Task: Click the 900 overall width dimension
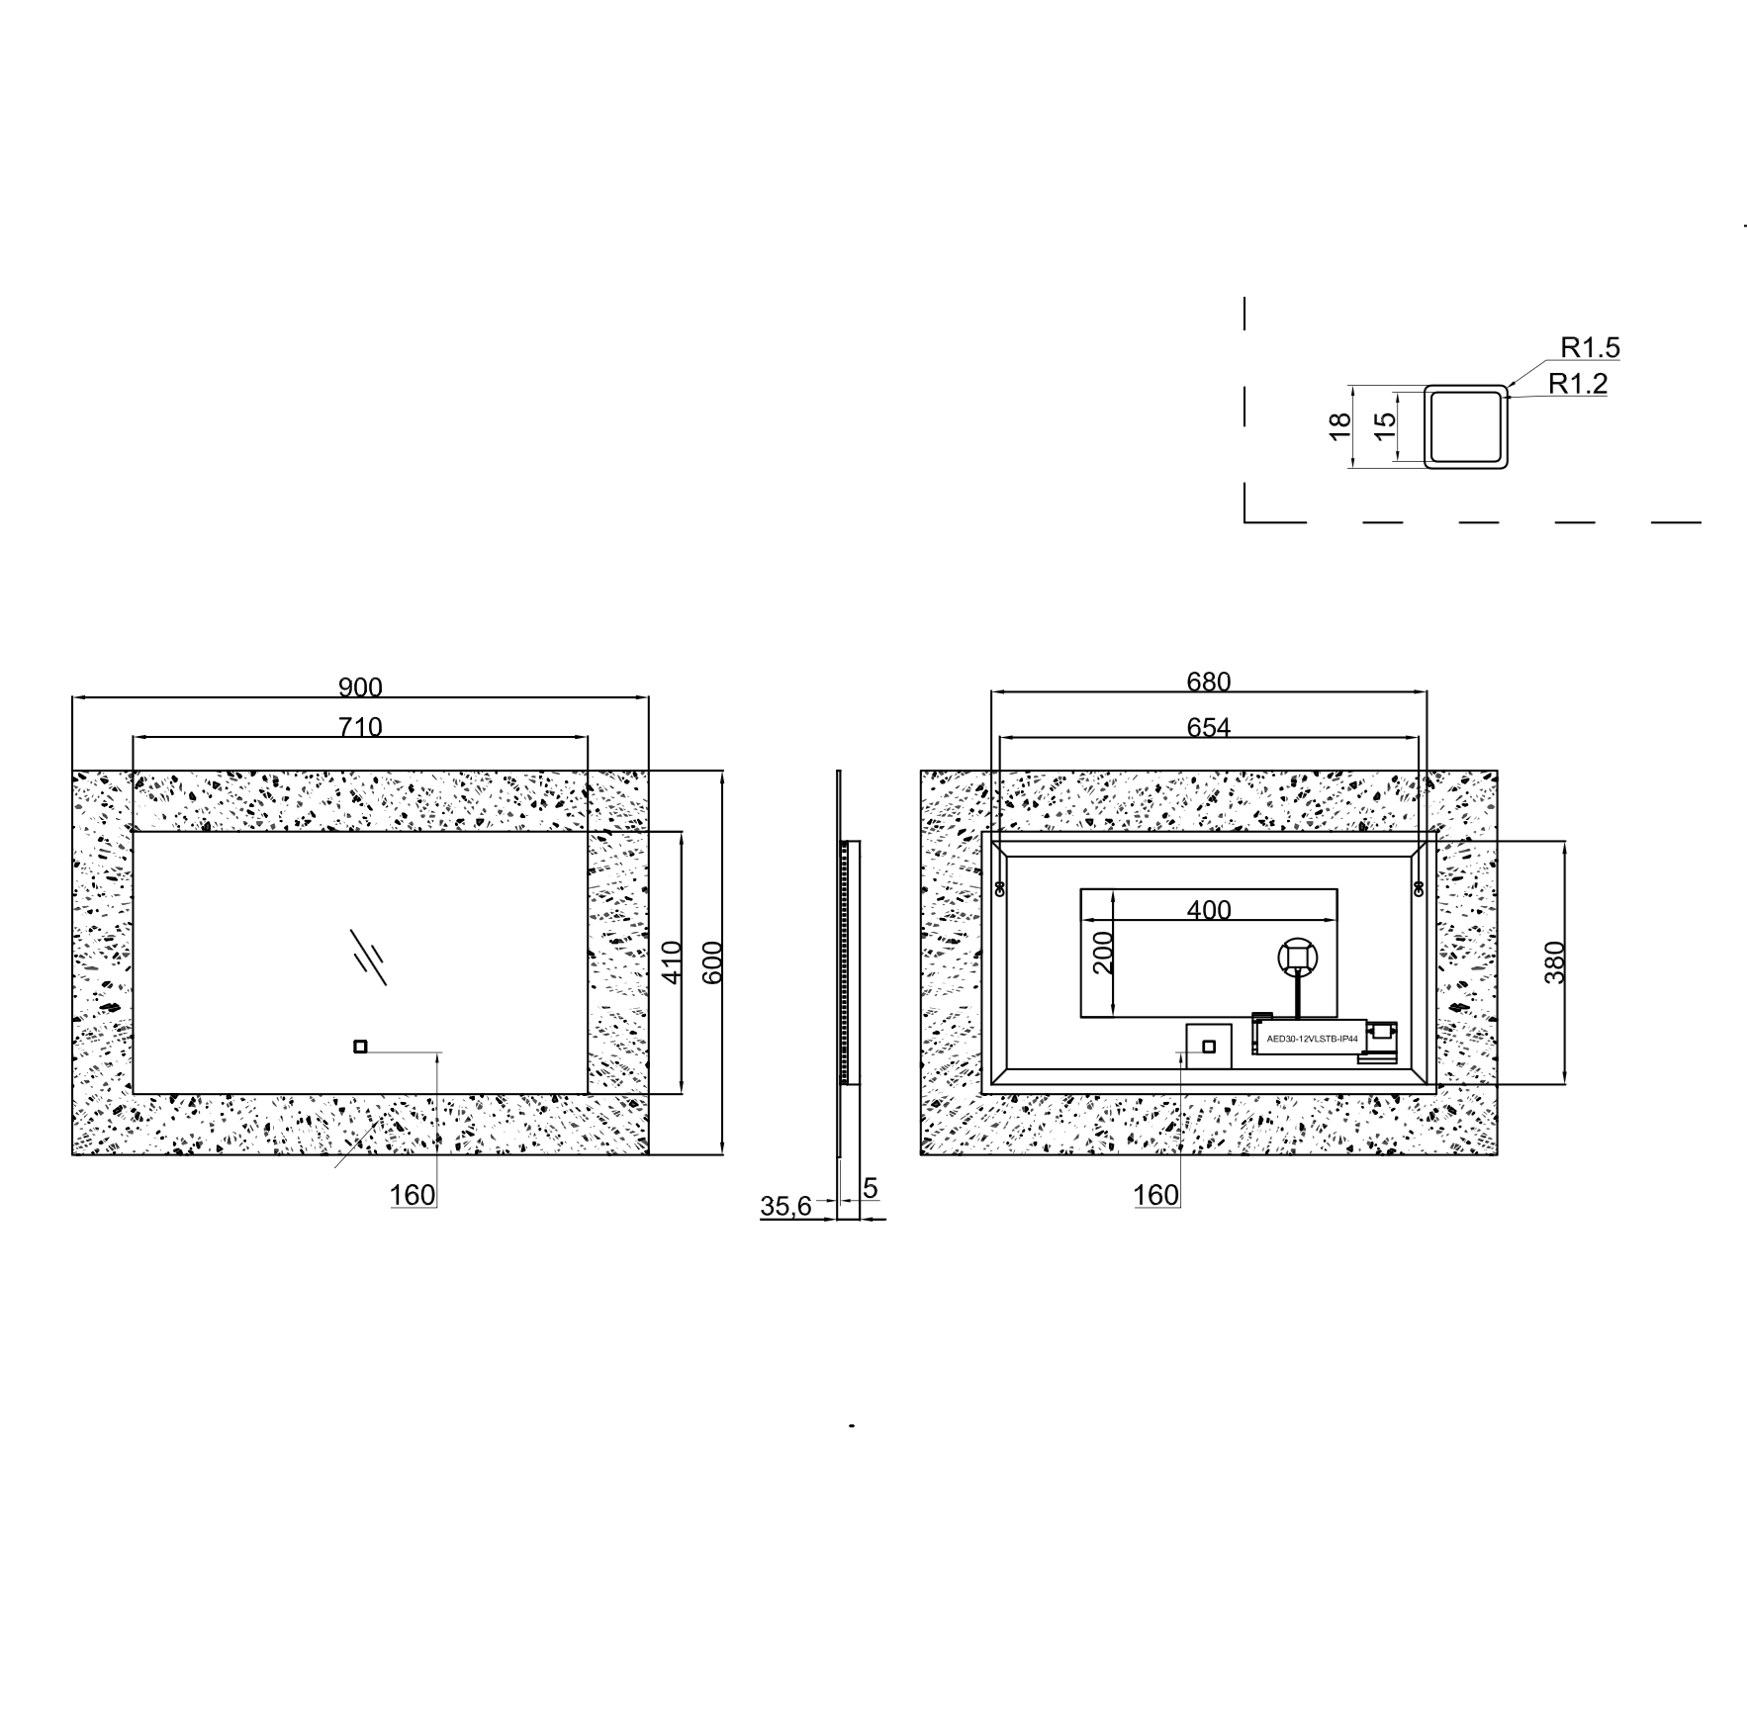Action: tap(360, 686)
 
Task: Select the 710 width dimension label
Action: tap(360, 727)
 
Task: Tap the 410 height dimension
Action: tap(671, 961)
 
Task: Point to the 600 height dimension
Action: tap(712, 961)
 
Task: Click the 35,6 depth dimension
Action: tap(785, 1206)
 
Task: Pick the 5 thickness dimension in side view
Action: tap(871, 1188)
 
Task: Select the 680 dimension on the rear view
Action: tap(1208, 682)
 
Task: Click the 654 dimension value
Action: tap(1208, 727)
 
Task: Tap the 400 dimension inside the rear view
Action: tap(1209, 909)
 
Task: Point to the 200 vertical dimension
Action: tap(1103, 952)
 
